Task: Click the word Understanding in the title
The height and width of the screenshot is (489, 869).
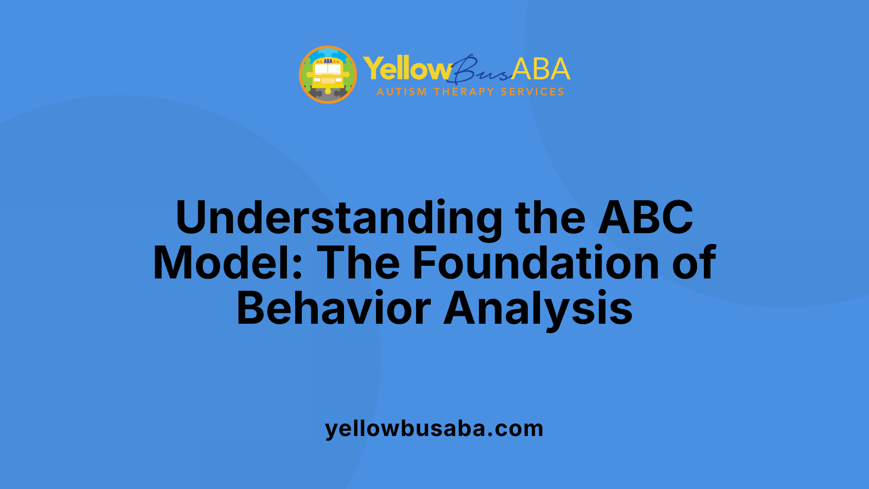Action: [x=339, y=218]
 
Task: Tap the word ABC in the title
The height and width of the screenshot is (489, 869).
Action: [x=645, y=218]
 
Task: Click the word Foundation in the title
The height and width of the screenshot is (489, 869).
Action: [x=536, y=263]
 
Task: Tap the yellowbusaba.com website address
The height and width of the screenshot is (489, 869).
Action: [x=434, y=428]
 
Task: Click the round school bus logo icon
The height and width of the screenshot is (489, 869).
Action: [x=328, y=75]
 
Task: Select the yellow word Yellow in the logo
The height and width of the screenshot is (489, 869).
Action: [x=406, y=69]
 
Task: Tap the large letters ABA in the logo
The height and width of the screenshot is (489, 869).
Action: [x=541, y=69]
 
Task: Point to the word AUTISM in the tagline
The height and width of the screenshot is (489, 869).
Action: [x=401, y=92]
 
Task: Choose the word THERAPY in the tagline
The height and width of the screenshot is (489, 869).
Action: [x=463, y=92]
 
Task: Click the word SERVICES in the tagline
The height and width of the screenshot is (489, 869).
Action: [x=532, y=92]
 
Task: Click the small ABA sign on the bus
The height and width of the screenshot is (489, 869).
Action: [x=328, y=61]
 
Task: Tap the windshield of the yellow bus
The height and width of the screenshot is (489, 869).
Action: [x=328, y=69]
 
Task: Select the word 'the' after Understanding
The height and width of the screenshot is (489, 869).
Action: [x=550, y=218]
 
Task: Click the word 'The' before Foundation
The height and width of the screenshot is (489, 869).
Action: [x=358, y=263]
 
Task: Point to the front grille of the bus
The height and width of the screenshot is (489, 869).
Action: [x=328, y=81]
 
